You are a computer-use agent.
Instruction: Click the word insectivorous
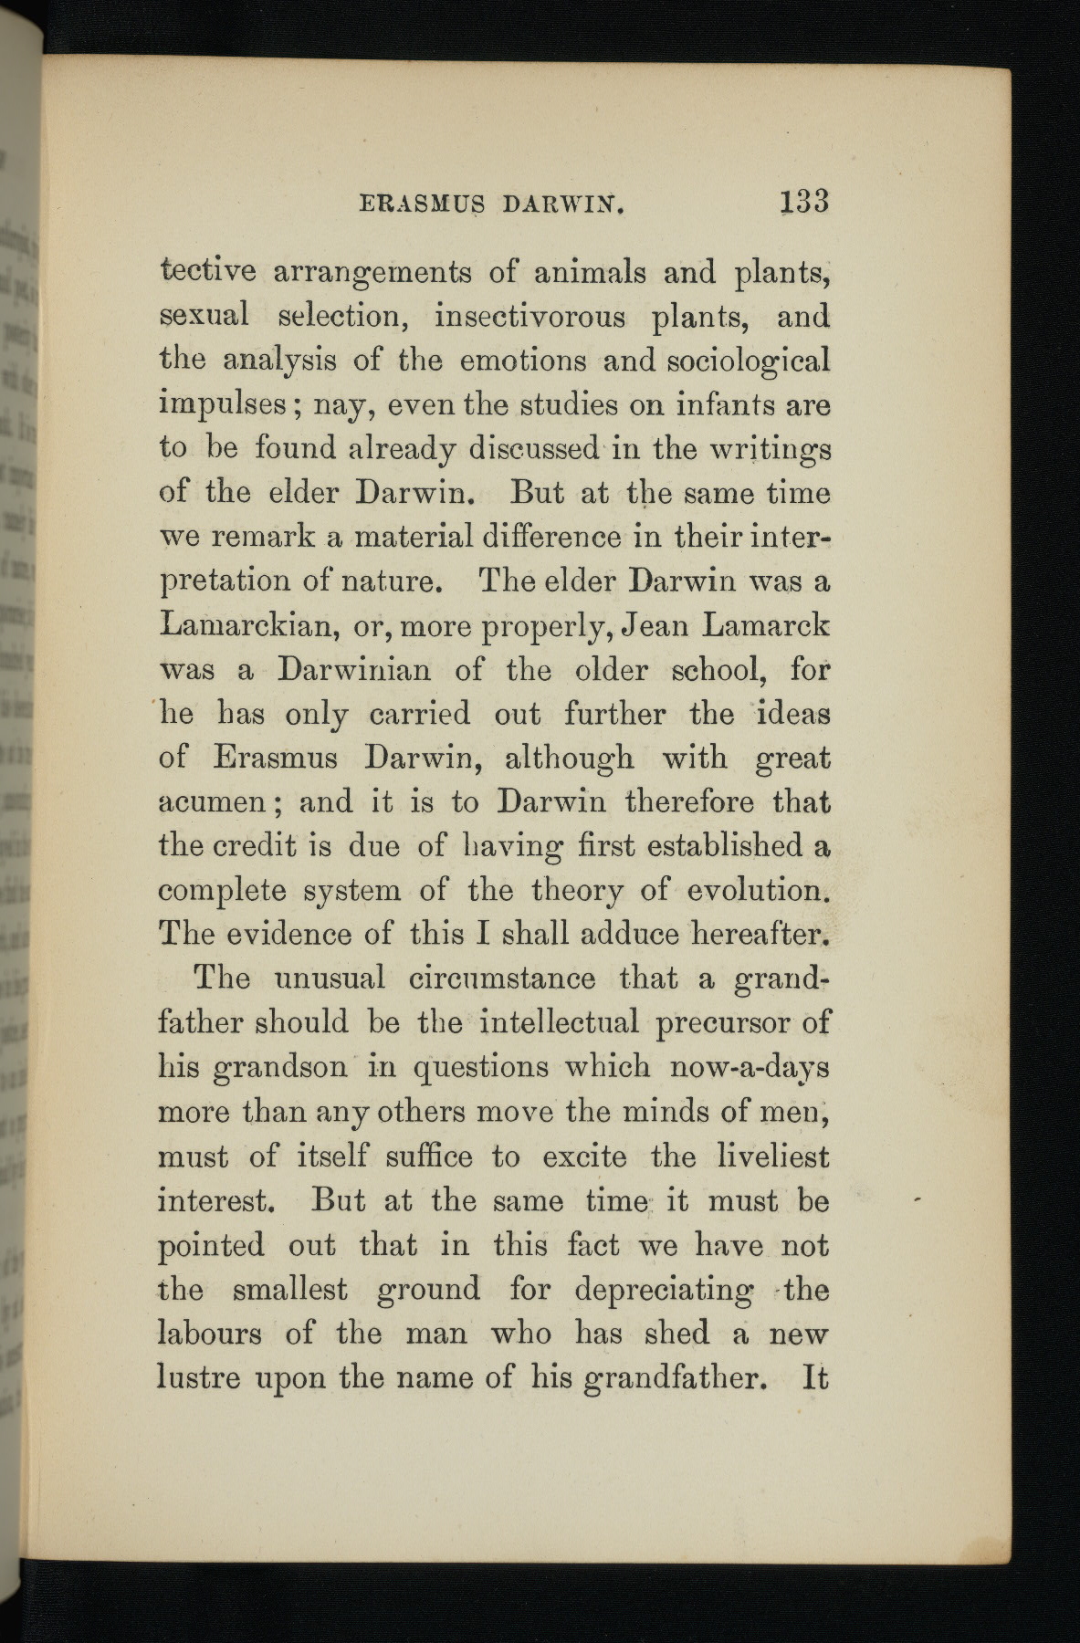point(530,317)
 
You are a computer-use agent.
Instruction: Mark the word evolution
point(757,890)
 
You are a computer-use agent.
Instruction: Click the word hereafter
point(760,934)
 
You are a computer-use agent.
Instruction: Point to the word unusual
point(330,978)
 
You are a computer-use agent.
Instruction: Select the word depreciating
point(665,1291)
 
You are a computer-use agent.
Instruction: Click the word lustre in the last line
point(203,1377)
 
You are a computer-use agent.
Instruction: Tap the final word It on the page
point(814,1377)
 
